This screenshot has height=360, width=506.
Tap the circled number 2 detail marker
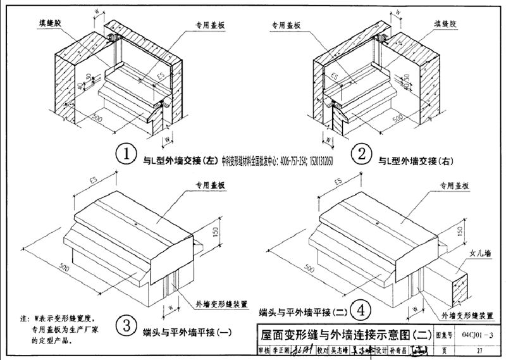tap(362, 154)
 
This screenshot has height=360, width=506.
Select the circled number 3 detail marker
tap(126, 325)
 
